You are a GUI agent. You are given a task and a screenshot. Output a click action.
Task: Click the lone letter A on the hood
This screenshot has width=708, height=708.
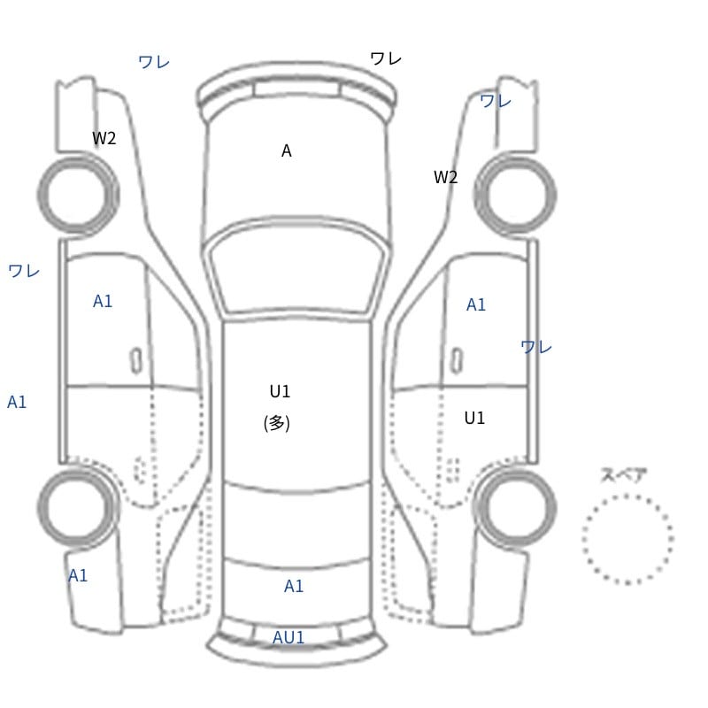(286, 150)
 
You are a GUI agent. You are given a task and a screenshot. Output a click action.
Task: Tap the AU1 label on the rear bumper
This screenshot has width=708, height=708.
(289, 637)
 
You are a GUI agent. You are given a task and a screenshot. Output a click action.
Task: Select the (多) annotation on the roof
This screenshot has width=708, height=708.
(276, 424)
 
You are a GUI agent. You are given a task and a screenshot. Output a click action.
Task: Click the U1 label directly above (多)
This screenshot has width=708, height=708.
(280, 391)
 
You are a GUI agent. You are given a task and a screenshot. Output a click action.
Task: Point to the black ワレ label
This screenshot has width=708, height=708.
(386, 58)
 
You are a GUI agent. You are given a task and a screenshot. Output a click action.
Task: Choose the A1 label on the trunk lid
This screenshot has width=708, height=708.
(294, 586)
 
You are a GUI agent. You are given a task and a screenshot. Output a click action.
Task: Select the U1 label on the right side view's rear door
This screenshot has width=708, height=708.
(474, 418)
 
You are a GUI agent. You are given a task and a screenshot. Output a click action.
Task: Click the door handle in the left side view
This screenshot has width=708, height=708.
(136, 361)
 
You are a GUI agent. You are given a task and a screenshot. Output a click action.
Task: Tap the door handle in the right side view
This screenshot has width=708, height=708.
(457, 361)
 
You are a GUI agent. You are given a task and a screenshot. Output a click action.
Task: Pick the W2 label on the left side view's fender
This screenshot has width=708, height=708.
(104, 138)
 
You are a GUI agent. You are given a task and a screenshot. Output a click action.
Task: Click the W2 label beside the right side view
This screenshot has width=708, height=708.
(446, 177)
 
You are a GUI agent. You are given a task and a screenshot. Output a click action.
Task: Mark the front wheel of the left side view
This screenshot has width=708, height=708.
(78, 195)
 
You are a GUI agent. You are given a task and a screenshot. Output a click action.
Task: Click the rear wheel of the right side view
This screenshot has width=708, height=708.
(515, 507)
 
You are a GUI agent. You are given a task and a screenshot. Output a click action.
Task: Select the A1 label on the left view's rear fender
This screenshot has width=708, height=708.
(78, 576)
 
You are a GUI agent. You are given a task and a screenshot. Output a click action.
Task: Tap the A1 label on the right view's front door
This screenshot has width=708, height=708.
(476, 304)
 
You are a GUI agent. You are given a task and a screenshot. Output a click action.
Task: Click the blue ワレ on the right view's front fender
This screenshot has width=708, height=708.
(496, 101)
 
